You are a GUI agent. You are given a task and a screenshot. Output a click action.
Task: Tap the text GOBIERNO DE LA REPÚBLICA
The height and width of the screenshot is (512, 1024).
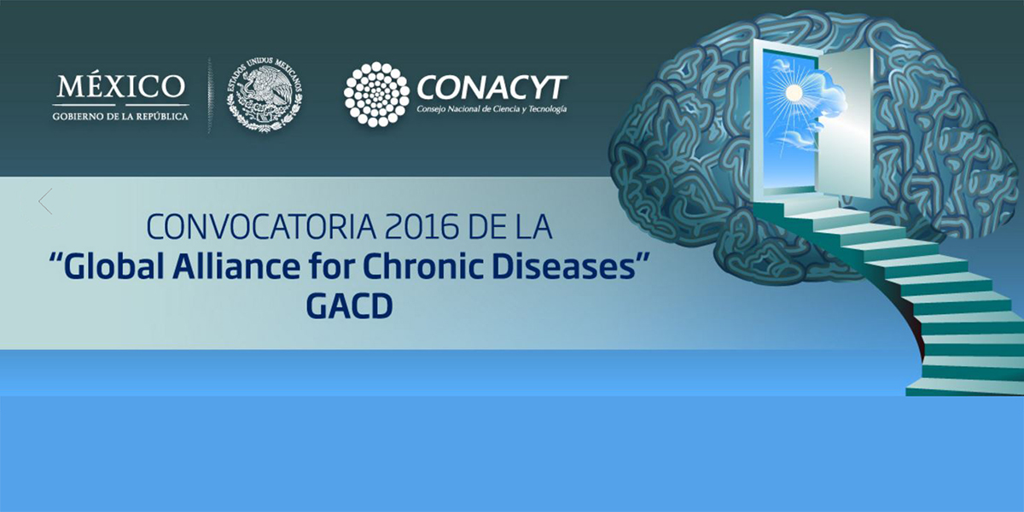[120, 117]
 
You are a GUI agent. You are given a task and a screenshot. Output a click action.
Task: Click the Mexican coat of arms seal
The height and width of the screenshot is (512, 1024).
[265, 95]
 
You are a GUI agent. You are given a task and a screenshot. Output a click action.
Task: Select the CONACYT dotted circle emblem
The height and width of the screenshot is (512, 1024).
[376, 95]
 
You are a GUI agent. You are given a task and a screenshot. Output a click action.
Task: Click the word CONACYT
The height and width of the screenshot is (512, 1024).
[492, 87]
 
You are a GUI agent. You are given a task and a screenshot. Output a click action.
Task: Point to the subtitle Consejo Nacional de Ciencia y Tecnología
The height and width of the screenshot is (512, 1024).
[492, 109]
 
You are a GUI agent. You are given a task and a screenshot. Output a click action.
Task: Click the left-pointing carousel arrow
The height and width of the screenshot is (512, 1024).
[45, 201]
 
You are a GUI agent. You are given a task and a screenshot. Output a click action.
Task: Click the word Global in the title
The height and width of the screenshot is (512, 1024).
[114, 267]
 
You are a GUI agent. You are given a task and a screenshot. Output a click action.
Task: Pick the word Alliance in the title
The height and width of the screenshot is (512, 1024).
[236, 267]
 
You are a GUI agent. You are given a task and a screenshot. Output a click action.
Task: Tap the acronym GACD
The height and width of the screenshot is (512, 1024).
[350, 306]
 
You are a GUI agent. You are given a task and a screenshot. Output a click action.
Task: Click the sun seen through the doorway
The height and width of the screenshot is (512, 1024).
[794, 93]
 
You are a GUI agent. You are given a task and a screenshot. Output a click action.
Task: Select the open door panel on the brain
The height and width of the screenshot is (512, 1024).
[846, 124]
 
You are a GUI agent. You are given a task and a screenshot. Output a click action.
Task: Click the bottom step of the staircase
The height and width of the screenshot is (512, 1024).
[964, 388]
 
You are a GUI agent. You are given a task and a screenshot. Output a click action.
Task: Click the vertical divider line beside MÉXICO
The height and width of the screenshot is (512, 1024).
[209, 96]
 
